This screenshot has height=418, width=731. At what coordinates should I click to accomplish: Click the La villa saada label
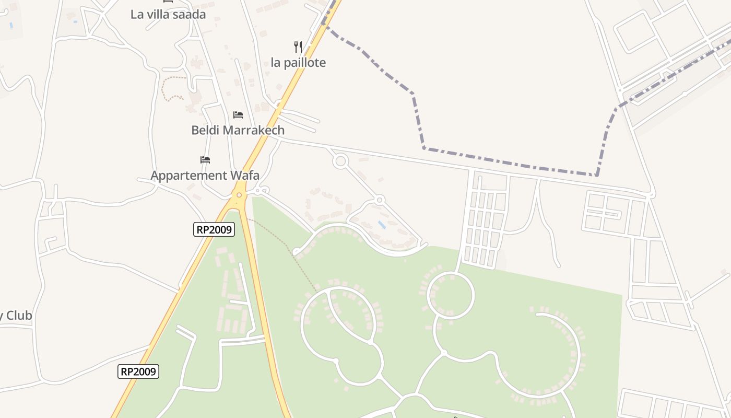coord(168,15)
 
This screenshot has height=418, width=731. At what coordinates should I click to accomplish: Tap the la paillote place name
coord(298,63)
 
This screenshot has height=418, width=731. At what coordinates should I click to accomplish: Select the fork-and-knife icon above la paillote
coord(298,47)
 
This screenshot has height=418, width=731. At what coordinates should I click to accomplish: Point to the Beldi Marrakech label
coord(238,130)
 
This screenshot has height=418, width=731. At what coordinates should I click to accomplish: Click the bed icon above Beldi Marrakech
coord(238,114)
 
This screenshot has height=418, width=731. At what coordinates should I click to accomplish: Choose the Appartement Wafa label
coord(205,175)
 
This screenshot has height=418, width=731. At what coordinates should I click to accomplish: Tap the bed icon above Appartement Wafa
coord(205,159)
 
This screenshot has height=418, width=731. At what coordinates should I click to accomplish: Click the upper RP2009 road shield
coord(214,229)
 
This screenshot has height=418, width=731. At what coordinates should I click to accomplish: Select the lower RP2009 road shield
coord(138,371)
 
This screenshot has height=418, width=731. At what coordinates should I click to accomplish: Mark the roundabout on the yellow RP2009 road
coord(239,195)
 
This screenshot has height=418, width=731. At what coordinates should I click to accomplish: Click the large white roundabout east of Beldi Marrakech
coord(340,161)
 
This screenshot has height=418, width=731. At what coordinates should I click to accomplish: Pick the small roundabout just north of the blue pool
coord(380,200)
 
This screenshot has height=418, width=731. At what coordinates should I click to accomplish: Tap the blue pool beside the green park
coord(382,225)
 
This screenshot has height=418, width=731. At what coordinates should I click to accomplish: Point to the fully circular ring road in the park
coord(451,296)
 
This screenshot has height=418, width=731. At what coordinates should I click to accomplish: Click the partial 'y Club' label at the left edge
coord(16,316)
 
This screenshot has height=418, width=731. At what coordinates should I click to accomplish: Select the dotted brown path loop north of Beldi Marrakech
coord(172,88)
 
